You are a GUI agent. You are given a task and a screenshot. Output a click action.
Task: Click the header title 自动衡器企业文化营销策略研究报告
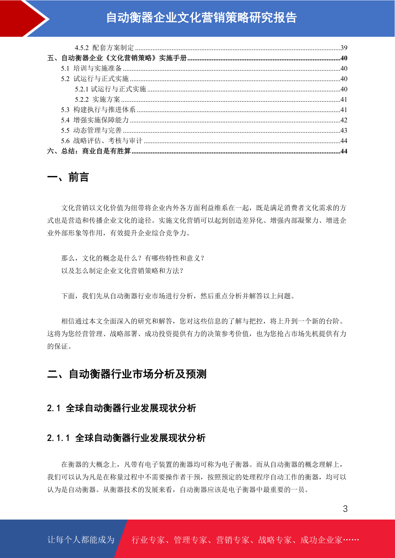click(x=201, y=18)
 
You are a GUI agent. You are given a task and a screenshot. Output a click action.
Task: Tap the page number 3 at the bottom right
click(x=345, y=509)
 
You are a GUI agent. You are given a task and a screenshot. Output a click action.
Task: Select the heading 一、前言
click(x=68, y=177)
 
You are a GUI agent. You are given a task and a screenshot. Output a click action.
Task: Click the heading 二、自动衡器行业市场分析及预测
click(x=127, y=374)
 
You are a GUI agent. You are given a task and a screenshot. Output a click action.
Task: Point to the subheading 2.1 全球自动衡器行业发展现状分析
click(x=121, y=408)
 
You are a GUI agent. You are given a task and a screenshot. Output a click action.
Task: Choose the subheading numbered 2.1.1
click(x=126, y=438)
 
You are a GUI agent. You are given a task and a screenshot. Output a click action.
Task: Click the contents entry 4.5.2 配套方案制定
click(x=104, y=48)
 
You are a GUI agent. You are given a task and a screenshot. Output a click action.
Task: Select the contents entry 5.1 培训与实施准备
click(x=91, y=68)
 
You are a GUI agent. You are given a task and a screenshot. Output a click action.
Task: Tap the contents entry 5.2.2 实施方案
click(x=98, y=99)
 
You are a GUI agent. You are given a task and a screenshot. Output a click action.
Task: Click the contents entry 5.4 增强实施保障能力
click(x=95, y=120)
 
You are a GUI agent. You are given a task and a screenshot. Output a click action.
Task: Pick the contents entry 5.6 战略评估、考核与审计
click(x=101, y=141)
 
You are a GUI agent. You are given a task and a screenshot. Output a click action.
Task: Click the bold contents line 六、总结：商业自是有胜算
click(x=89, y=151)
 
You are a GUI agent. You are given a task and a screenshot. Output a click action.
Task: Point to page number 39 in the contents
click(x=344, y=48)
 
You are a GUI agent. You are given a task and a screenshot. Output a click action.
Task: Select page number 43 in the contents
click(x=344, y=131)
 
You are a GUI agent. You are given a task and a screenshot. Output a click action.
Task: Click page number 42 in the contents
click(x=344, y=120)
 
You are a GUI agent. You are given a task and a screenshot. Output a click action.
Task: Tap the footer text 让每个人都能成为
click(x=81, y=540)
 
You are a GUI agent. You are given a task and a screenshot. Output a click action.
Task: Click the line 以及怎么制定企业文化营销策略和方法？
click(x=122, y=271)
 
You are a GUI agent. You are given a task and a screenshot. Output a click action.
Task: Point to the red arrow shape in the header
click(x=23, y=18)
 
